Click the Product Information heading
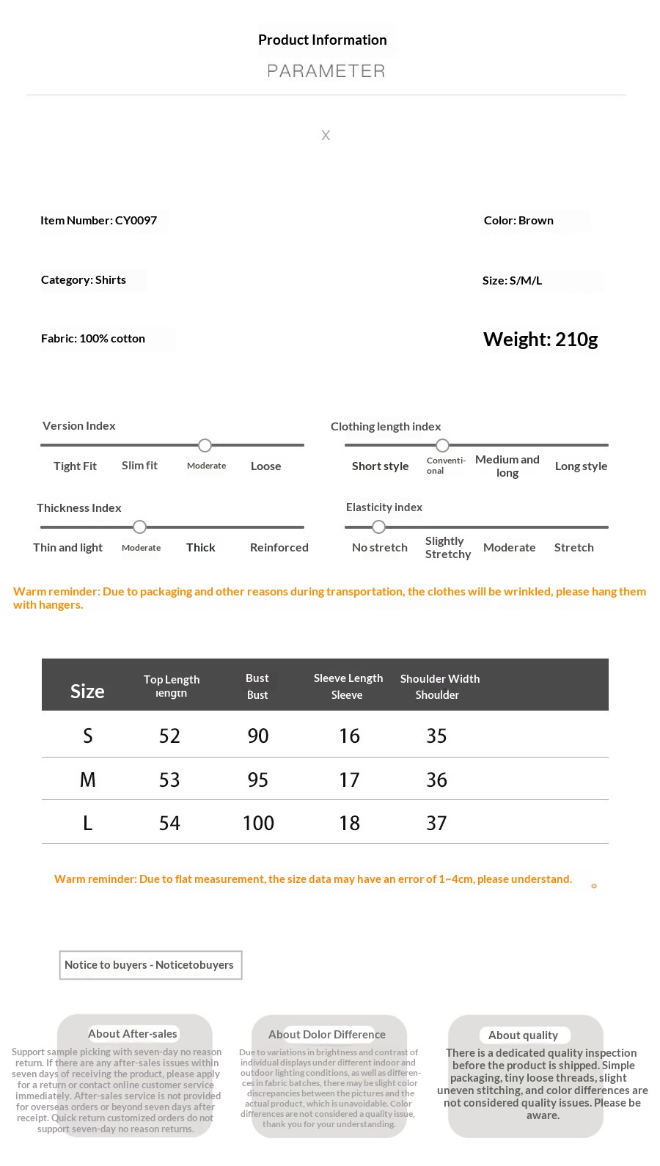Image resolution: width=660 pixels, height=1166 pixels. (x=322, y=40)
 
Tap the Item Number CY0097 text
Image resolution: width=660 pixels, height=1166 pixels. (x=98, y=221)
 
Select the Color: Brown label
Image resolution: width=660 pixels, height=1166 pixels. (x=518, y=221)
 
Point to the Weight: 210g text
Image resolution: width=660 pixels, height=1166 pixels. (x=540, y=340)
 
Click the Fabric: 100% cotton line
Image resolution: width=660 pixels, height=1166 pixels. (x=93, y=339)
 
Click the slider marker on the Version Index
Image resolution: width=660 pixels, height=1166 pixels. (x=205, y=445)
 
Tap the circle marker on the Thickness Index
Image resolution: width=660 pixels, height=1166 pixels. (x=140, y=527)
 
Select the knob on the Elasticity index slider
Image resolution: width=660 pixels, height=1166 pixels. (x=378, y=527)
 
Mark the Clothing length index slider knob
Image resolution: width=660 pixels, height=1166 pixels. (x=442, y=445)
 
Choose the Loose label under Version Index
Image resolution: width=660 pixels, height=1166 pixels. (x=265, y=466)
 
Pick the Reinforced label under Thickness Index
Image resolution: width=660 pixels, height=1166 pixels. (x=279, y=548)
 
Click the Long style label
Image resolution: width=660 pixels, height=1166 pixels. (x=581, y=466)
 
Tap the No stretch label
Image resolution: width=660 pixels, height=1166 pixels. (x=379, y=548)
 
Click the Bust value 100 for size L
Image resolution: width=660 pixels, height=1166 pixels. (x=258, y=824)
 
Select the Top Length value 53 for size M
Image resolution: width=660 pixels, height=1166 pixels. (x=169, y=780)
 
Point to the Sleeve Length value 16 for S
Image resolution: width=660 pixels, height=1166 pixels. (x=349, y=736)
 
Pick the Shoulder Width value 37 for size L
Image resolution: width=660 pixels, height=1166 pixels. (x=436, y=824)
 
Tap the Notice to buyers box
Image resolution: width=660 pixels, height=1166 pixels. (x=150, y=965)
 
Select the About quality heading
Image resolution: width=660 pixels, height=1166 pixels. (x=523, y=1035)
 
